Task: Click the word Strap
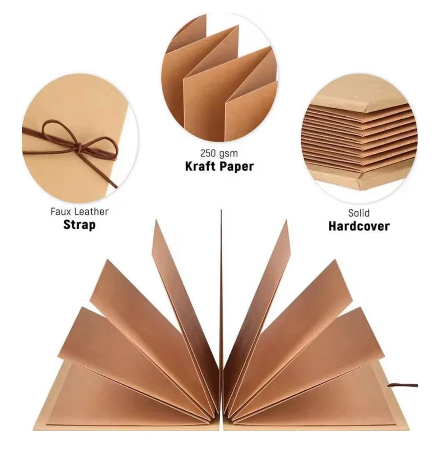point(79,225)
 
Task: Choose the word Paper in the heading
point(236,167)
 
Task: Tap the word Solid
point(359,213)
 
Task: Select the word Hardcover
point(359,226)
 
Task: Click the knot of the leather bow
point(79,148)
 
